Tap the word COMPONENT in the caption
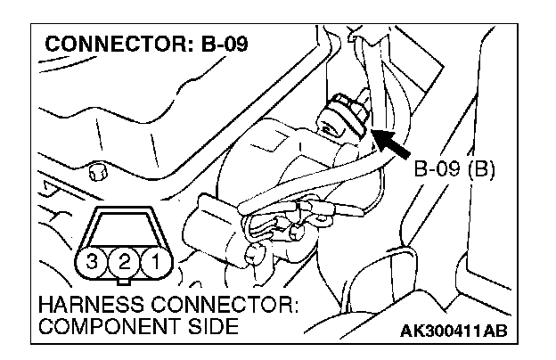click(x=100, y=327)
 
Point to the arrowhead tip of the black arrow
click(x=373, y=133)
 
